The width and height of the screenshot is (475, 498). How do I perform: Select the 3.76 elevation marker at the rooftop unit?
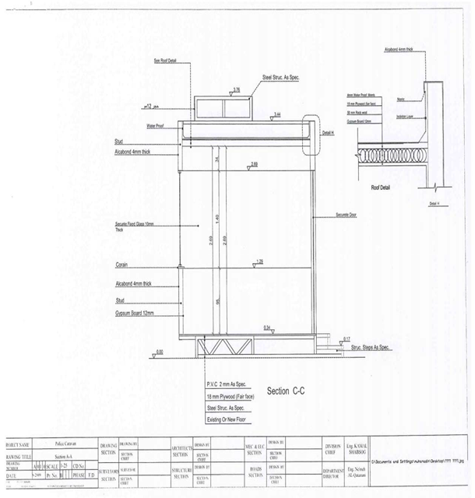tap(236, 89)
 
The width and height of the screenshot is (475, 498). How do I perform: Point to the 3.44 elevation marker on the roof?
tap(278, 114)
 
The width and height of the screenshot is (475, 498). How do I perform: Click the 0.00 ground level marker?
tap(160, 352)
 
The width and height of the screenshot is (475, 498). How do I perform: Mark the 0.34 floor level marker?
tap(268, 327)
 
